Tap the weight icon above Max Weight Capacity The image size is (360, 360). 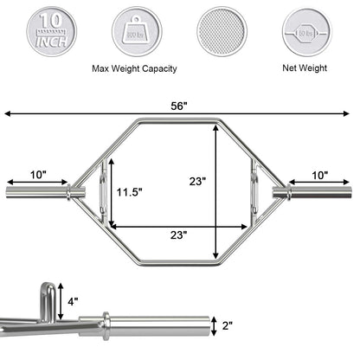(137, 32)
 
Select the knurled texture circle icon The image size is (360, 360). (222, 32)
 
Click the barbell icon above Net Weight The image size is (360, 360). (306, 32)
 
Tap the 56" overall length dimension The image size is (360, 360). (179, 106)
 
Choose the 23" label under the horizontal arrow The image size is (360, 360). (179, 235)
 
